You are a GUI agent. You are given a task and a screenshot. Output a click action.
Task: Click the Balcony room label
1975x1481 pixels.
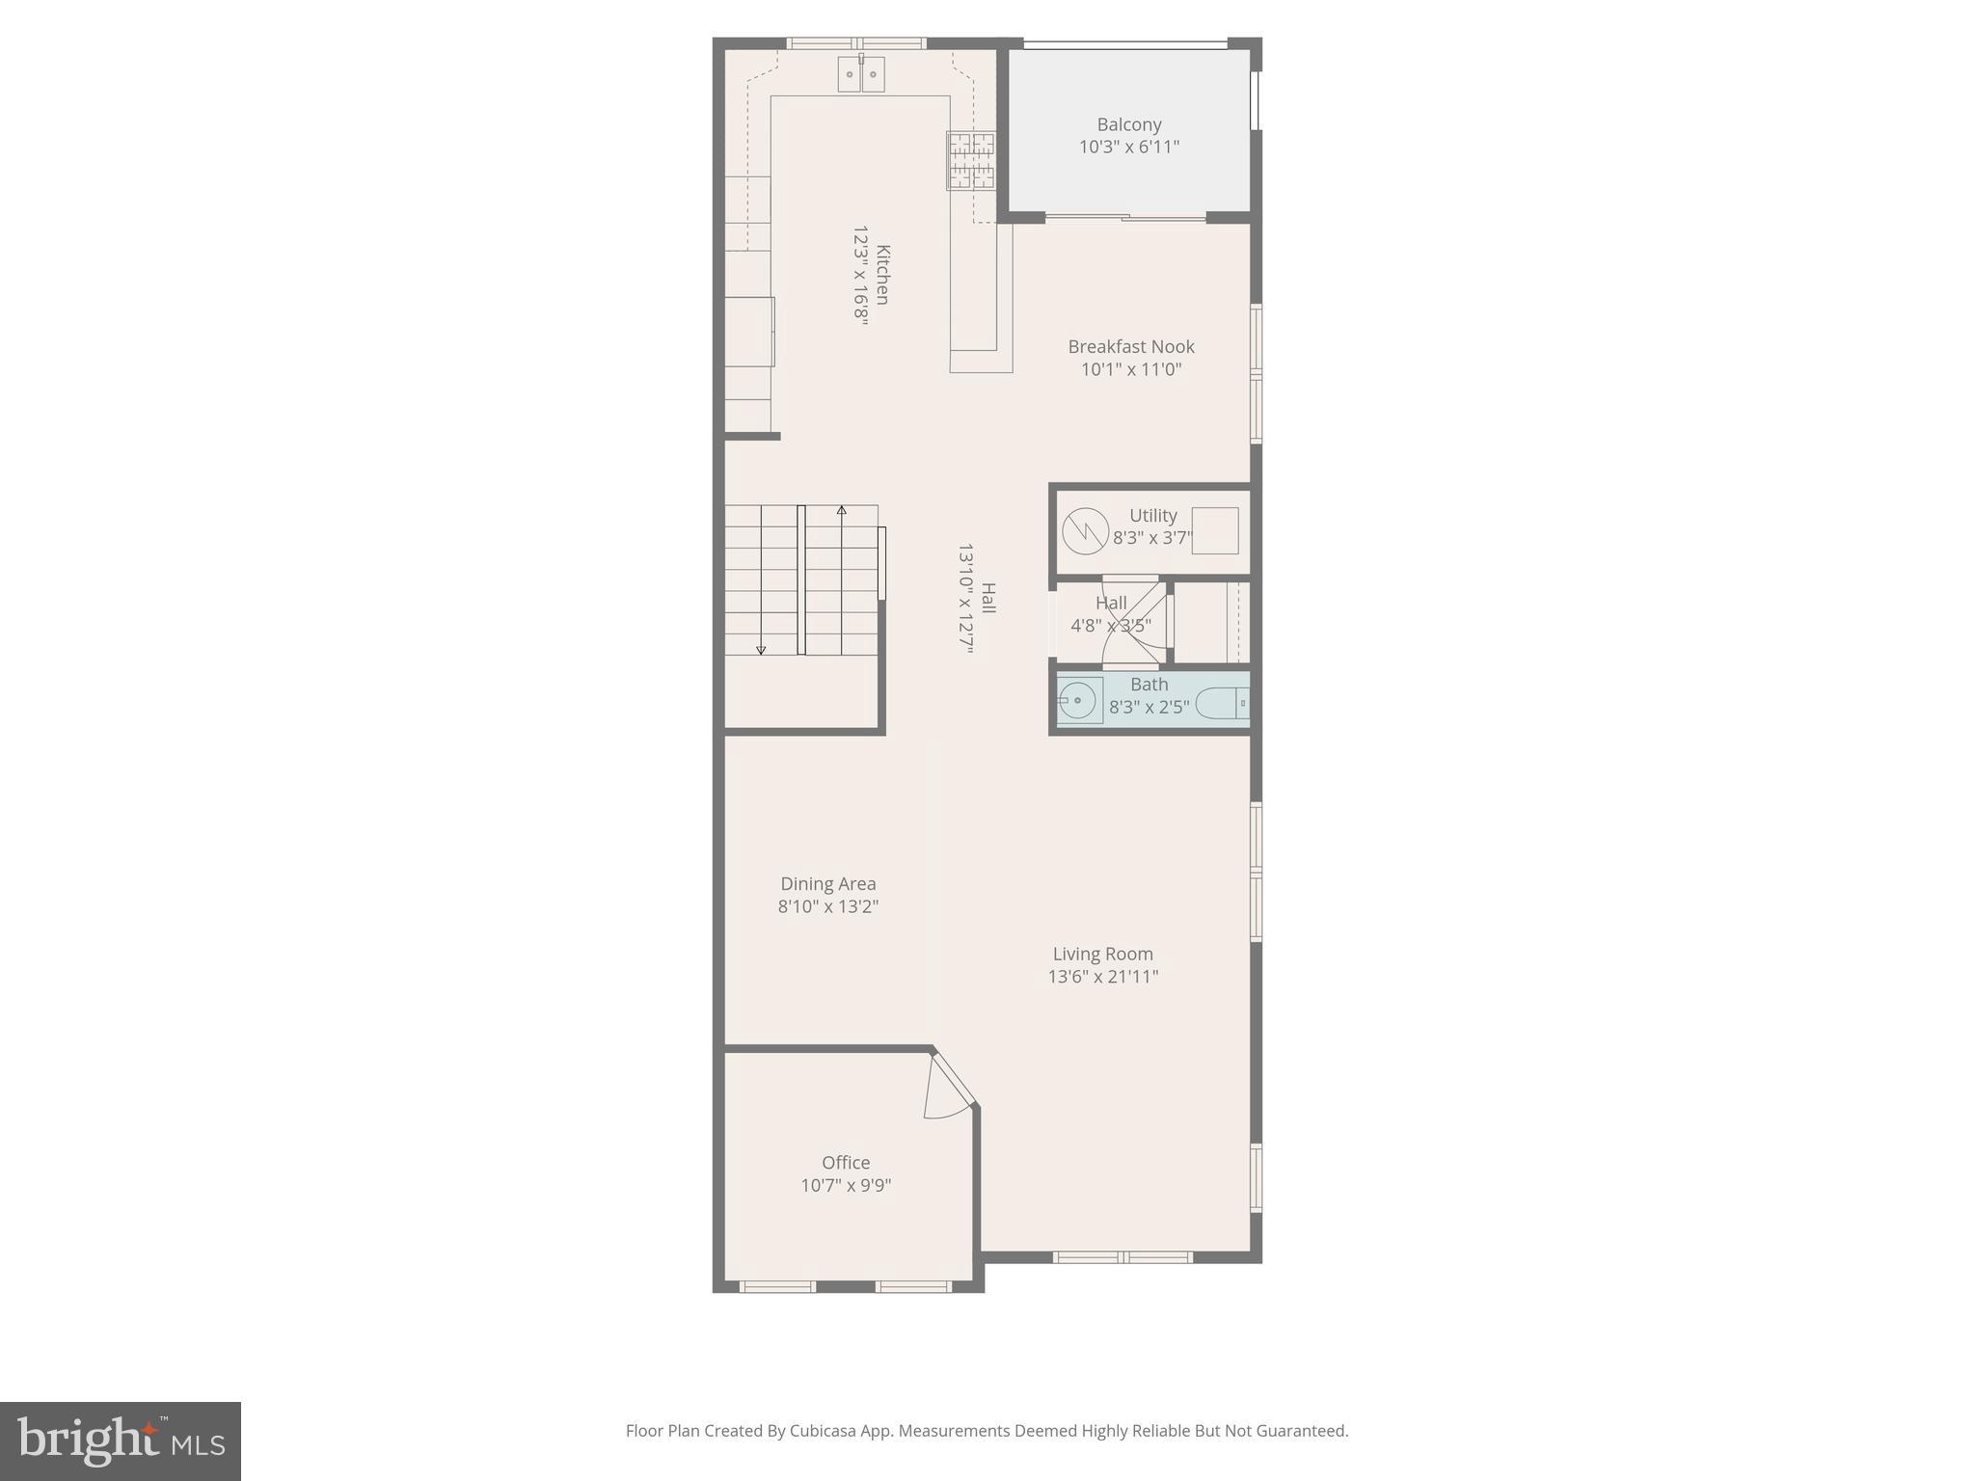click(x=1128, y=124)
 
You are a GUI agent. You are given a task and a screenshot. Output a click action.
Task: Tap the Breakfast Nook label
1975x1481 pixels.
click(x=1130, y=346)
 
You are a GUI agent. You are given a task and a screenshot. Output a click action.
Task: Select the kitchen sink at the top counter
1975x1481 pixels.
click(x=861, y=73)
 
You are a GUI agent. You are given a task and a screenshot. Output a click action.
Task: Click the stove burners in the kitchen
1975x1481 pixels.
click(x=970, y=161)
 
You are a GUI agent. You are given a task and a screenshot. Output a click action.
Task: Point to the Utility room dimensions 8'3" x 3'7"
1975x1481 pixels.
click(x=1152, y=538)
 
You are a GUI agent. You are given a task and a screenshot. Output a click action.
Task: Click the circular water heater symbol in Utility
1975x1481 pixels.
click(x=1085, y=531)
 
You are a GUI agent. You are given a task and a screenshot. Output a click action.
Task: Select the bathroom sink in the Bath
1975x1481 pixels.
click(x=1079, y=700)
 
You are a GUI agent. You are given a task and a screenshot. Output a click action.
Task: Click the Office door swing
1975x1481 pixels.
click(x=948, y=1090)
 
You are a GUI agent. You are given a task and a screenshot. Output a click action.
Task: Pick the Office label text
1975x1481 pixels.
click(x=846, y=1163)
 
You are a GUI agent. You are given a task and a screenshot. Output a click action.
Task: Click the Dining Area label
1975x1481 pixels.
click(x=828, y=883)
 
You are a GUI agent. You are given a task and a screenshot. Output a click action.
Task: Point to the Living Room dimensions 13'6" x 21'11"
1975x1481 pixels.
click(x=1103, y=977)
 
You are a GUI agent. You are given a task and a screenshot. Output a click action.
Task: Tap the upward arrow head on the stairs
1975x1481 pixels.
click(x=842, y=509)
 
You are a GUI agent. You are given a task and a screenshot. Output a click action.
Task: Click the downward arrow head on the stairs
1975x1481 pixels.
click(x=761, y=651)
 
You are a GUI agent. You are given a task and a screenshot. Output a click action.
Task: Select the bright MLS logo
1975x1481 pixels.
click(x=121, y=1441)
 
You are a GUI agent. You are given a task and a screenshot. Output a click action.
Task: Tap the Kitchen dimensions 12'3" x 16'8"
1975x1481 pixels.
click(x=860, y=276)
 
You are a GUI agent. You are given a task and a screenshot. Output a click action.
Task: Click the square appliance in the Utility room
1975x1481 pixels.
click(x=1215, y=530)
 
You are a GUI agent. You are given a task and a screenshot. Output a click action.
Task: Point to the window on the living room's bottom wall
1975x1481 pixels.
click(x=1123, y=1257)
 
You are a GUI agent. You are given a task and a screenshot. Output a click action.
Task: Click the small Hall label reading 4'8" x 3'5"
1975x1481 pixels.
click(x=1111, y=625)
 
